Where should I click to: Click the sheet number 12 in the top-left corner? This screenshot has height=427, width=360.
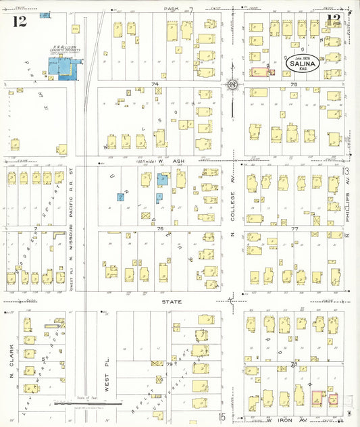(19, 22)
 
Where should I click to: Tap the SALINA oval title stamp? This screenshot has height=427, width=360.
(302, 64)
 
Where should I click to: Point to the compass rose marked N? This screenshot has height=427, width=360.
(232, 84)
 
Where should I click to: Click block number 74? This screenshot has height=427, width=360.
(155, 84)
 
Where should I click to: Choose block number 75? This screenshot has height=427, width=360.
(294, 84)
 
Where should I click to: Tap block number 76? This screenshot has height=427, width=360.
(160, 229)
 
